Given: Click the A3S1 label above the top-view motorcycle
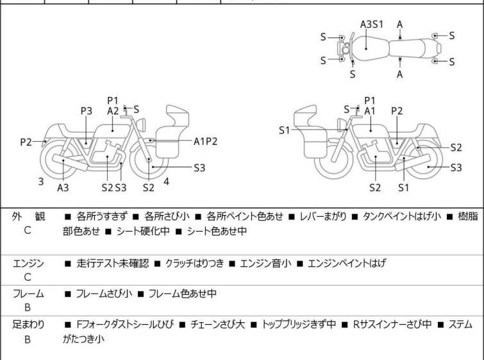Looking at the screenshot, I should click(x=371, y=24).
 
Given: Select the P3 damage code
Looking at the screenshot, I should click(x=86, y=111).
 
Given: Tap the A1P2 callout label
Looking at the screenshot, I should click(x=206, y=141).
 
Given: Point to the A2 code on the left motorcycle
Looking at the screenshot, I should click(x=113, y=110).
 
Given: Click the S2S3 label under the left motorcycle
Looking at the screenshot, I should click(x=113, y=187).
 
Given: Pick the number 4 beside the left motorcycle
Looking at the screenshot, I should click(x=167, y=182).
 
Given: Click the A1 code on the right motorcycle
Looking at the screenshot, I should click(x=369, y=111).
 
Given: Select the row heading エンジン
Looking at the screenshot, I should click(x=28, y=263).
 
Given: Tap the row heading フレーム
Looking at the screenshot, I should click(x=28, y=294).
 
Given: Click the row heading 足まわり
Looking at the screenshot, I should click(x=28, y=325).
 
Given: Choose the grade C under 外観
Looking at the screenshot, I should click(x=28, y=230).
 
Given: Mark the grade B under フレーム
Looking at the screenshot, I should click(x=28, y=308).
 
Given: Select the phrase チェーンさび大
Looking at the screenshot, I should click(x=214, y=325).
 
